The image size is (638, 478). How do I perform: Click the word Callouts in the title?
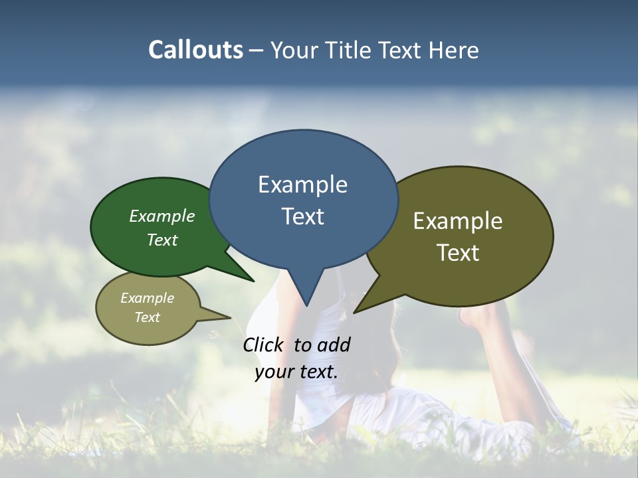click(195, 50)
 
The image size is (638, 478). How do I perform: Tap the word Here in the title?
click(454, 50)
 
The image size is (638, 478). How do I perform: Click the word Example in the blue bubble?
click(302, 185)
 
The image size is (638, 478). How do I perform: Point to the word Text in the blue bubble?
click(302, 216)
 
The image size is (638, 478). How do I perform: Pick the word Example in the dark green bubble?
click(161, 216)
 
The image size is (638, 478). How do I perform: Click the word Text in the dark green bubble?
click(161, 240)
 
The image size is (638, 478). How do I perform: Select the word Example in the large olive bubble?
click(457, 221)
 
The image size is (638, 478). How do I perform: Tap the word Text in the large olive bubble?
click(457, 253)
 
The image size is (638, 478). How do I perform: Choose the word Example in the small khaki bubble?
click(147, 298)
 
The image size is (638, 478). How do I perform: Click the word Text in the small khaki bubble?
click(147, 317)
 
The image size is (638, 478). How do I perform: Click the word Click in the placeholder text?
click(265, 345)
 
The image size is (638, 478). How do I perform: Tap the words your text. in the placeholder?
click(296, 372)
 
